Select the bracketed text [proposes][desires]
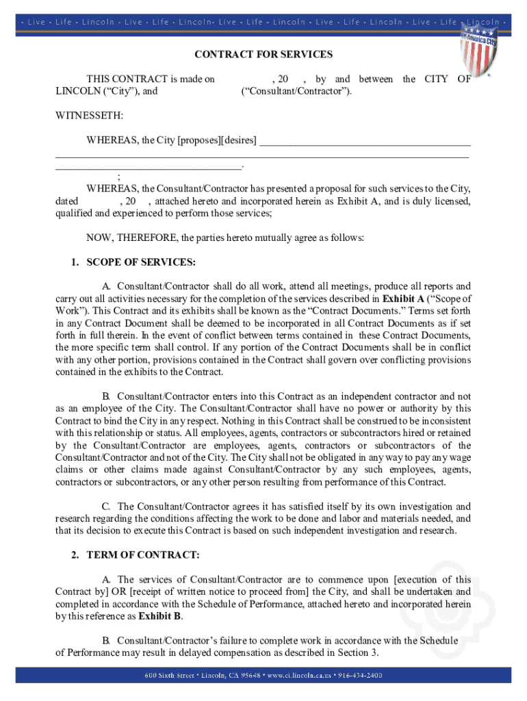pos(217,141)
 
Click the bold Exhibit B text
pos(160,615)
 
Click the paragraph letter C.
pos(106,507)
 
